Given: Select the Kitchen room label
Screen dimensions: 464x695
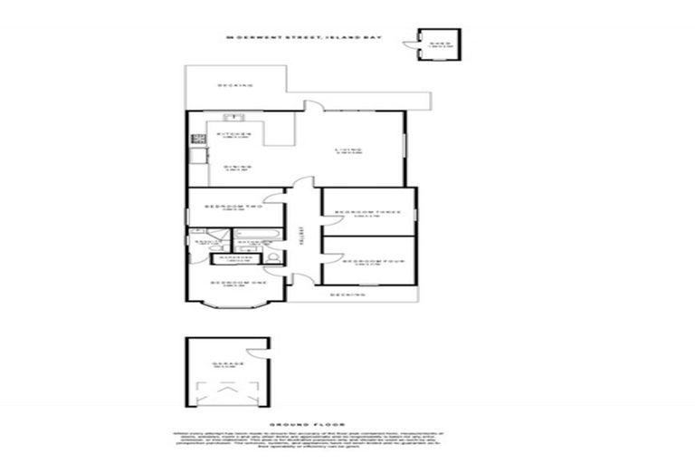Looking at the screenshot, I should coord(233,136).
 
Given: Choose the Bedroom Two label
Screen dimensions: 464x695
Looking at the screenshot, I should coord(233,208).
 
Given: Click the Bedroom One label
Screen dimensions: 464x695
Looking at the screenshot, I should coord(240,285).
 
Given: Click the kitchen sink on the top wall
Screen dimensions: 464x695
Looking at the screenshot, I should coord(231,117).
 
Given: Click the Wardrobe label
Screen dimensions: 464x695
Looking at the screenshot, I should coord(230,259).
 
